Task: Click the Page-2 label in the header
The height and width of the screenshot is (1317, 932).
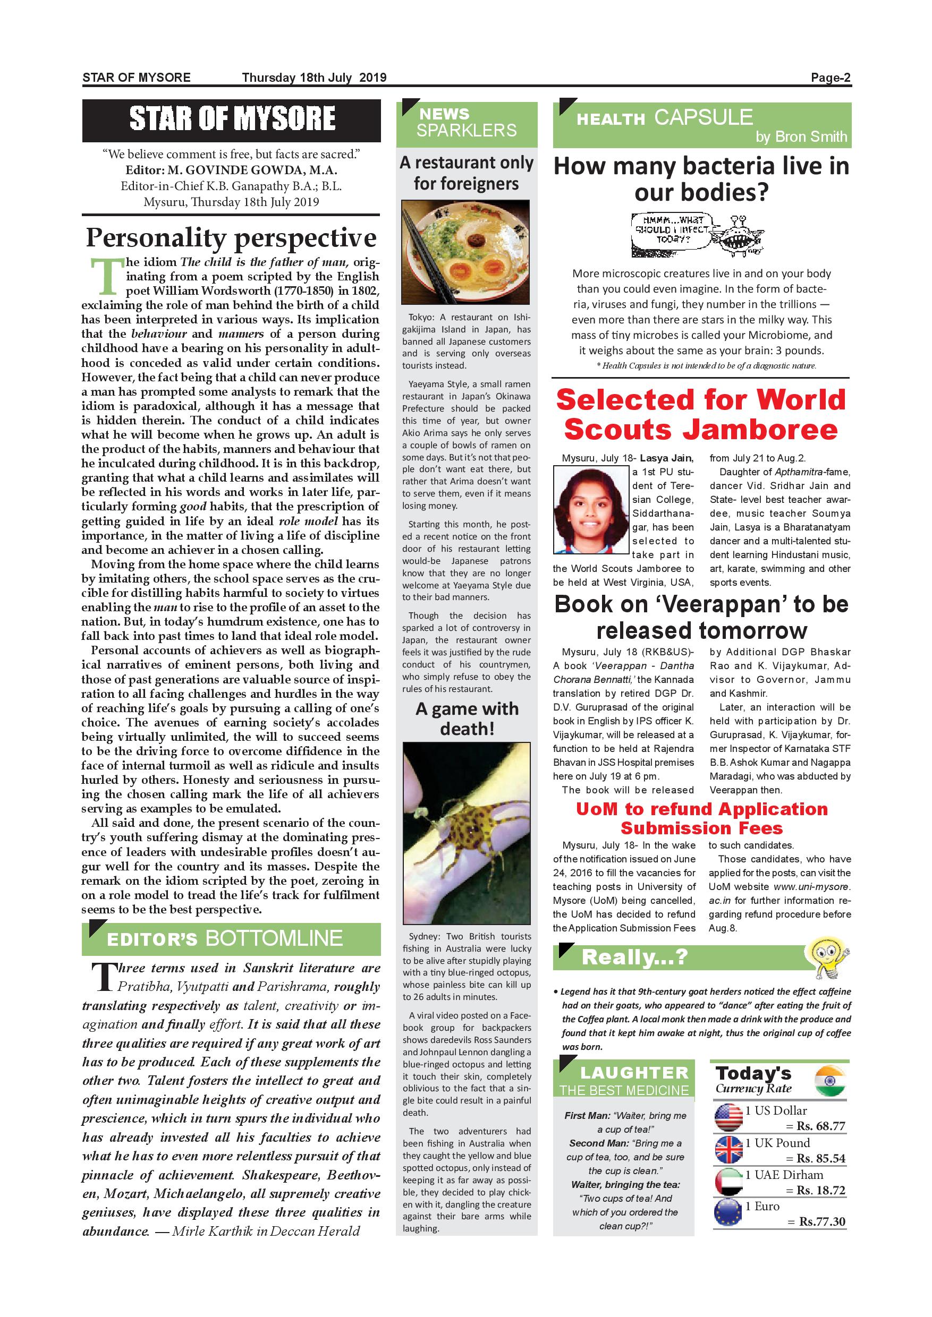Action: click(831, 78)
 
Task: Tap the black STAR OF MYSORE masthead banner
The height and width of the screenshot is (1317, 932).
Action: click(231, 120)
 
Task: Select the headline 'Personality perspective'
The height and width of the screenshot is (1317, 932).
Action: click(231, 237)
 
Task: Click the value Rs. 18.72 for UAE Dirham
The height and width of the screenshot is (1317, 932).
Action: click(820, 1190)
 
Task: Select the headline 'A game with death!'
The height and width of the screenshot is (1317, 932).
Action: click(467, 719)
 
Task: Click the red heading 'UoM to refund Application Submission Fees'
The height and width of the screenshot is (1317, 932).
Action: click(702, 818)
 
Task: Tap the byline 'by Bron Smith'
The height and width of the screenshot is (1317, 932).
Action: click(801, 136)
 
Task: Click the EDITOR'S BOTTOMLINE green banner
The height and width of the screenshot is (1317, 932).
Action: click(231, 938)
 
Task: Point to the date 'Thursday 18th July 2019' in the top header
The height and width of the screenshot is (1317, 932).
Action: click(314, 78)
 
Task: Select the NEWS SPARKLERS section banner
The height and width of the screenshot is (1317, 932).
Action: click(467, 123)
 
